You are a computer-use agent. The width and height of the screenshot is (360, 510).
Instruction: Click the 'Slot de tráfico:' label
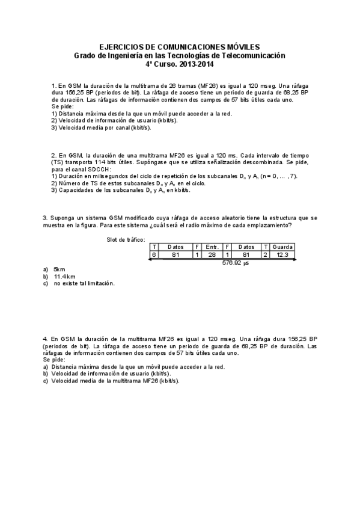point(126,239)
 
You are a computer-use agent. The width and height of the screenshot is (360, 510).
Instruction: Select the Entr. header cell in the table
point(212,247)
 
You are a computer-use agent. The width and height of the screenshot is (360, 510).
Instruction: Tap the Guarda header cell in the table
point(282,247)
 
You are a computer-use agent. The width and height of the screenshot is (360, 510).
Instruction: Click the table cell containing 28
point(212,254)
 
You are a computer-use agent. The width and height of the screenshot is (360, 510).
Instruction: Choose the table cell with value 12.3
point(282,254)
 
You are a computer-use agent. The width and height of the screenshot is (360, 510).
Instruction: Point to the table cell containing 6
point(154,254)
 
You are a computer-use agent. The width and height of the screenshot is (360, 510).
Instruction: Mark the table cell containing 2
point(265,254)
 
